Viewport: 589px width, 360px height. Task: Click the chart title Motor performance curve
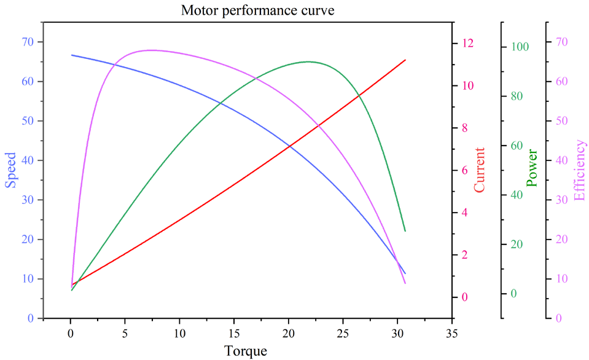coord(257,10)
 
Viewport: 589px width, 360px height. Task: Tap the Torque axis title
coord(245,351)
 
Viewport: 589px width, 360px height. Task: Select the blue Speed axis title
coord(10,170)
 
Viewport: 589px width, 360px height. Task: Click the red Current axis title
coord(480,170)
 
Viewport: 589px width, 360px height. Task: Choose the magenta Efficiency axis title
coord(579,170)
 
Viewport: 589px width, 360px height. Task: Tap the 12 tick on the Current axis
coord(469,43)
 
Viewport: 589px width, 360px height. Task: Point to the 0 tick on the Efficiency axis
coord(559,318)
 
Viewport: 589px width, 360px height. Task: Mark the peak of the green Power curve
coord(308,61)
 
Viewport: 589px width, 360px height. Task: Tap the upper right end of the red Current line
coord(405,60)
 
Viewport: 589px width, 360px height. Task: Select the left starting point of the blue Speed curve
coord(72,55)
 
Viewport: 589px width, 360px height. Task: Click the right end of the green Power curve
coord(405,231)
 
